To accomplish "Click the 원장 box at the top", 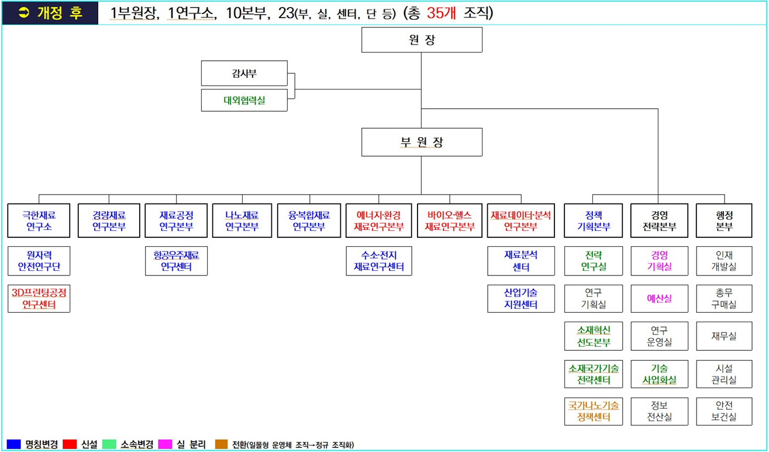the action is coord(422,40).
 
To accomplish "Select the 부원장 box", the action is coord(422,142).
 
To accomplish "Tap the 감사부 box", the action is coord(244,73).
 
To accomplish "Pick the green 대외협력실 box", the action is coord(244,100).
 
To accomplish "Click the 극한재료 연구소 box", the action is coord(39,220).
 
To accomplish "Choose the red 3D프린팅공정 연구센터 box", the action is coord(39,299).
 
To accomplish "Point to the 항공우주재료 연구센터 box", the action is coord(176,261).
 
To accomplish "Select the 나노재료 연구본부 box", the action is coord(242,220).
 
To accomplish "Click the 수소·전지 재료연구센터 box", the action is coord(379,261).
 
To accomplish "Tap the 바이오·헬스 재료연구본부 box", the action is coord(450,220).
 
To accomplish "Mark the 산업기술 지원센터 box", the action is coord(521,299).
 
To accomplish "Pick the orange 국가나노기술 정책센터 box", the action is coord(594,412).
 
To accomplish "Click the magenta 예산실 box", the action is coord(660,299).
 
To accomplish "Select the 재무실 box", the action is coord(724,336).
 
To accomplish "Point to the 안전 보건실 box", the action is coord(724,412).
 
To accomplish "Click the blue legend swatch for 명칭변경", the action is coord(13,444).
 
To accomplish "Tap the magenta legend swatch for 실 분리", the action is coord(165,444).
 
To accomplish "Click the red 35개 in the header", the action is coord(441,13).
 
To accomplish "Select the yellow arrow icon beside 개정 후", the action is coord(24,13).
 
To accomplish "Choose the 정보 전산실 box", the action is coord(660,412).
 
